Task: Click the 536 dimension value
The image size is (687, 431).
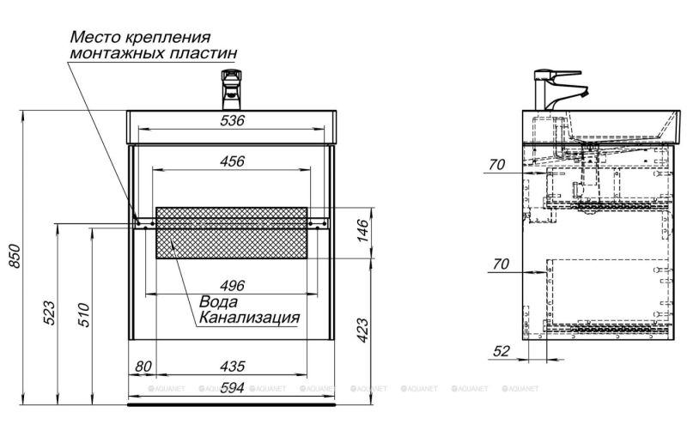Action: (233, 121)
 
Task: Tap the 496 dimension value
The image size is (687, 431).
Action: (233, 286)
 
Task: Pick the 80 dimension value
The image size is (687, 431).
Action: (143, 366)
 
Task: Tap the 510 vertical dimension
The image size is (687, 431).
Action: (81, 314)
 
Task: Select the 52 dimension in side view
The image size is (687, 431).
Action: (502, 350)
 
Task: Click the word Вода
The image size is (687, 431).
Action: (220, 302)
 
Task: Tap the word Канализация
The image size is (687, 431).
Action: (249, 319)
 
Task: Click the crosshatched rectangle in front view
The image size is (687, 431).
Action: (232, 232)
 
